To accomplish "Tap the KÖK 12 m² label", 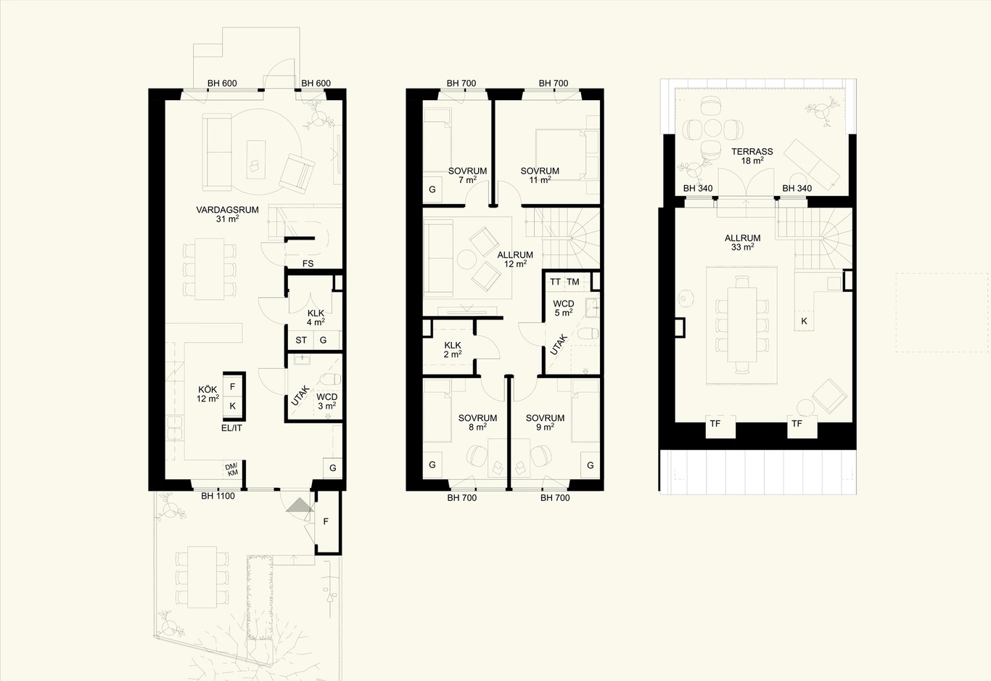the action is point(208,394).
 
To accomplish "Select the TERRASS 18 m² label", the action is point(752,156).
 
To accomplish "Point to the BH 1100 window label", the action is point(218,497).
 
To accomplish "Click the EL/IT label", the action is point(231,428).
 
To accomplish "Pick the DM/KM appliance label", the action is point(231,469).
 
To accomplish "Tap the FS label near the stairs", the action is point(308,264).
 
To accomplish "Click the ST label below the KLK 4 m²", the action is point(301,340).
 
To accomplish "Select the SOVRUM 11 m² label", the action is point(540,176).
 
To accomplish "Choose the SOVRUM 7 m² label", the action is point(468,176).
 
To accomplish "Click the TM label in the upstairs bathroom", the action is point(573,282).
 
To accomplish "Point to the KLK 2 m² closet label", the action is point(453,350).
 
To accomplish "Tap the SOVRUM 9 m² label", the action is point(545,423).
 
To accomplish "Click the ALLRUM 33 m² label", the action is point(742,242).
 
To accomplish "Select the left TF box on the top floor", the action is point(720,426).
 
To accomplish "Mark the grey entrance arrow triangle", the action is point(300,505).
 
